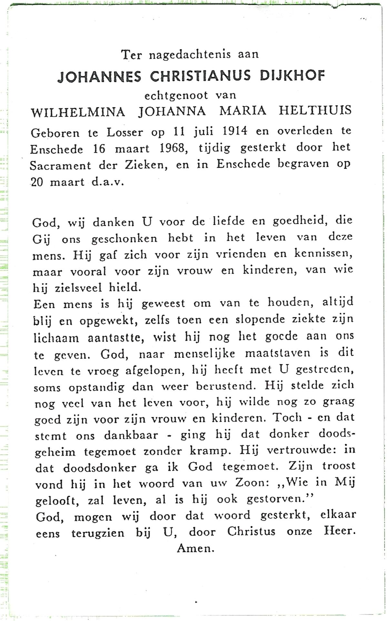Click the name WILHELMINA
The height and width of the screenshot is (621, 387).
click(x=78, y=112)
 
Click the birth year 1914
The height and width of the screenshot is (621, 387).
click(x=234, y=131)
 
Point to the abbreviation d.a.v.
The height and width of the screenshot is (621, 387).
click(x=108, y=182)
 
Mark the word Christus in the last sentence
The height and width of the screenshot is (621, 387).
click(x=251, y=531)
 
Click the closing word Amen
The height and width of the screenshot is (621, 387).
click(x=195, y=548)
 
